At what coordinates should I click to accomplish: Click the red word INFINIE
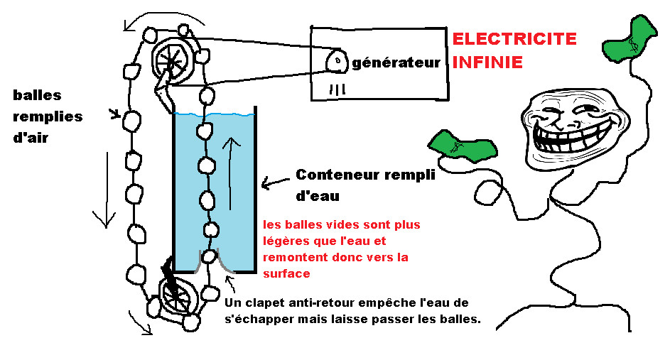click(x=487, y=62)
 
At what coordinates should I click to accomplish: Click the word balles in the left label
click(x=37, y=95)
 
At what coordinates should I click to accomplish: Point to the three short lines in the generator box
click(x=338, y=89)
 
